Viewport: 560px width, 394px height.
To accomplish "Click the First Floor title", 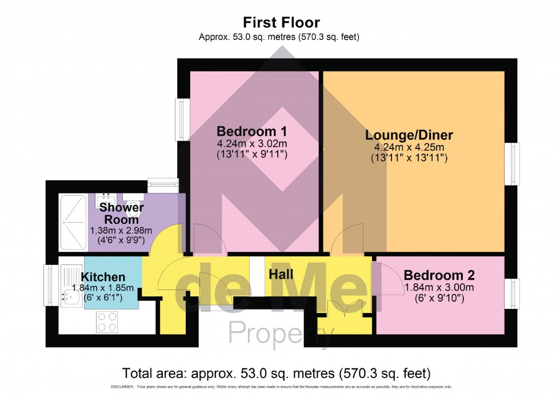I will pos(281,23).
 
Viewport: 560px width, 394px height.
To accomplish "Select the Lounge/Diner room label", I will pos(409,135).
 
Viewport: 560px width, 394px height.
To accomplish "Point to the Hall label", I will pos(281,274).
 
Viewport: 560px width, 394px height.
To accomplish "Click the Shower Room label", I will pos(121,213).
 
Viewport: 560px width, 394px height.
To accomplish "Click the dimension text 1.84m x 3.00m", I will pos(439,287).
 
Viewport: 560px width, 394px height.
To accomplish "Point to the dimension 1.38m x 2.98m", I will pos(121,230).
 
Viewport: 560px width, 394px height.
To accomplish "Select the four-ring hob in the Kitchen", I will pos(107,321).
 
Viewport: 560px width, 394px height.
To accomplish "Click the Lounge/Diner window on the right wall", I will pos(515,163).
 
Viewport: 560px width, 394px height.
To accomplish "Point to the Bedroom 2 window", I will pos(515,294).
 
